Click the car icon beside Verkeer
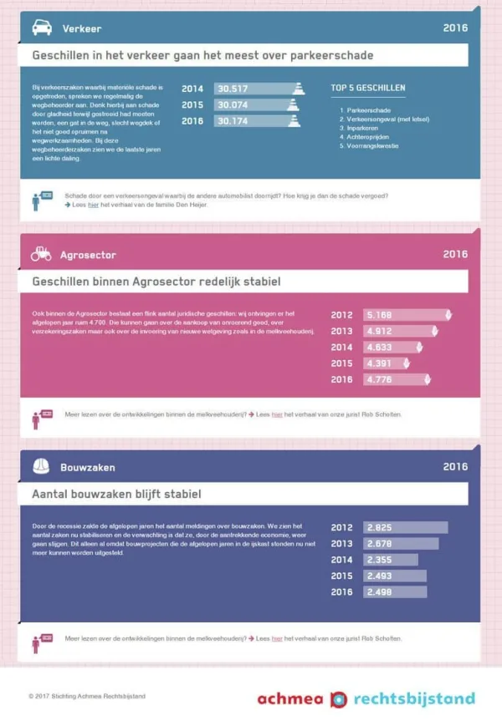pos(41,28)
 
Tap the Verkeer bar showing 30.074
pos(256,105)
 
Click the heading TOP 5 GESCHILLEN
pos(367,88)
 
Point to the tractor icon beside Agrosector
pos(41,254)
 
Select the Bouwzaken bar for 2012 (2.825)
pos(406,527)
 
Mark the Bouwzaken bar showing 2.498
pos(395,591)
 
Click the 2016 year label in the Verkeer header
pos(455,28)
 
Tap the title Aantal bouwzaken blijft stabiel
pos(116,495)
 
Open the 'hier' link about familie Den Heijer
pos(94,204)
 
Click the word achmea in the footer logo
pos(289,699)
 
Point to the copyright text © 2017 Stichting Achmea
pos(87,696)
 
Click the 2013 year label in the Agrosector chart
pos(341,331)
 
